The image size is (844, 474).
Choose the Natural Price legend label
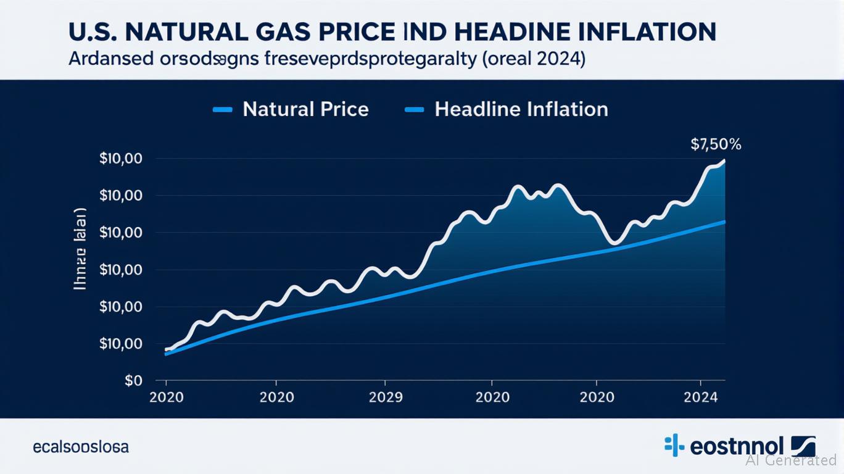click(305, 110)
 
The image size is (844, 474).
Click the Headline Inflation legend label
click(521, 110)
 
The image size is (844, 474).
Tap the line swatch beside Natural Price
click(222, 110)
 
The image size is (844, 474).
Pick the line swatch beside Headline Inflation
click(414, 110)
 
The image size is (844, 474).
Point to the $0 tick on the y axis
click(133, 381)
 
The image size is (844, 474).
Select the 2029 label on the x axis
click(385, 397)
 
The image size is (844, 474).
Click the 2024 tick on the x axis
click(701, 397)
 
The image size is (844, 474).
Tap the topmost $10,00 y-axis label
click(121, 159)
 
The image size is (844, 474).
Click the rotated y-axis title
click(80, 249)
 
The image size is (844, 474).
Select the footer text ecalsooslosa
click(81, 447)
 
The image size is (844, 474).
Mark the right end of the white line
click(724, 161)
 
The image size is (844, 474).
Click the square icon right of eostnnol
click(803, 446)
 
